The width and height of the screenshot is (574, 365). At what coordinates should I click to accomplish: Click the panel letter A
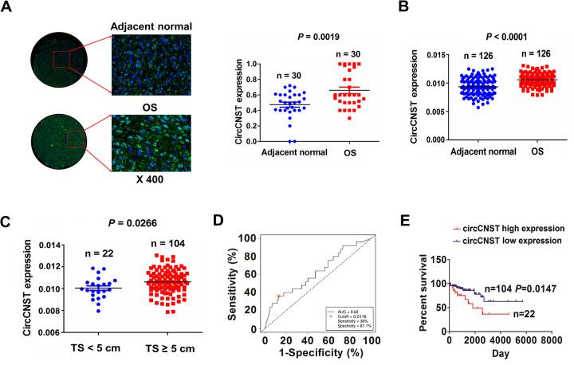tap(10, 8)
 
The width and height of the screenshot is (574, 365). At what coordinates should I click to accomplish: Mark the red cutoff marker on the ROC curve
tap(277, 296)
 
